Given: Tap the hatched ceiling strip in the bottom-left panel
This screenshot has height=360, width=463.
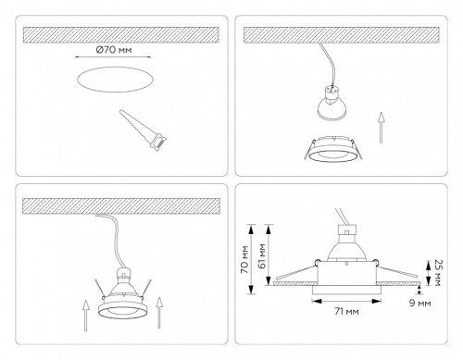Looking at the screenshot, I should tap(119, 205).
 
